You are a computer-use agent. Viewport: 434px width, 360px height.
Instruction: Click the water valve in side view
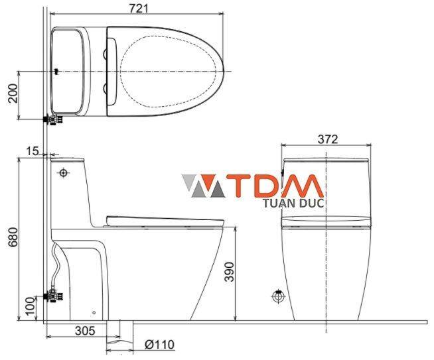(51, 296)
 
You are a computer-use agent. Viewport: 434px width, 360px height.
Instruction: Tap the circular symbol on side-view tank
(63, 173)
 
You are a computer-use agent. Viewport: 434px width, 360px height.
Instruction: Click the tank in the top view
(69, 70)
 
